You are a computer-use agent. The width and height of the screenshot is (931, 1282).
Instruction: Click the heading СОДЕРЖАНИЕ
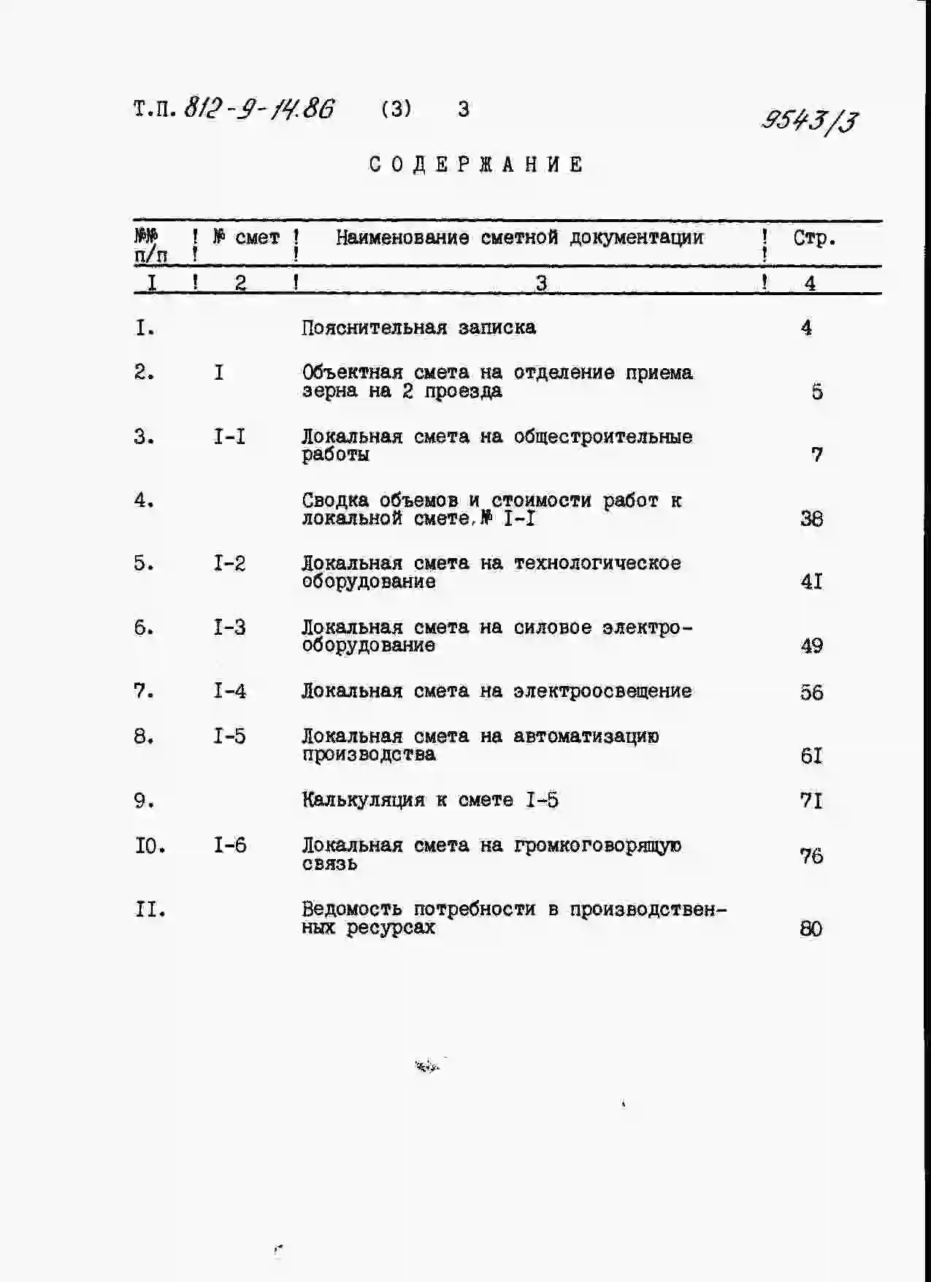point(476,164)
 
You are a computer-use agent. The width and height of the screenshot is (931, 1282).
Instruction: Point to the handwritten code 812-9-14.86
point(259,109)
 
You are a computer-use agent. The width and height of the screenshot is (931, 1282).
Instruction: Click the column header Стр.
point(814,238)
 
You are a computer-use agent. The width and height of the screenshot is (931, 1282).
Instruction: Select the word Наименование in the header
point(402,237)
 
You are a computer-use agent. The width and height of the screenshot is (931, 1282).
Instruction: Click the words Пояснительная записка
point(418,327)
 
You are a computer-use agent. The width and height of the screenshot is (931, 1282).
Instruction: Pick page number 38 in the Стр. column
point(811,519)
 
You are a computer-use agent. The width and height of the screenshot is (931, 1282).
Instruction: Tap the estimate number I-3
point(229,627)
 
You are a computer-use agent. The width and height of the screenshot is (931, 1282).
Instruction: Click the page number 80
point(811,929)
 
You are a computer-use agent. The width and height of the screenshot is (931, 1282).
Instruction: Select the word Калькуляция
point(363,800)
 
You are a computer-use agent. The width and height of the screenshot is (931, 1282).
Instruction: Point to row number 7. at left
point(144,691)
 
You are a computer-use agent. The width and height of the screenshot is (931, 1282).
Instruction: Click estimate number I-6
point(229,846)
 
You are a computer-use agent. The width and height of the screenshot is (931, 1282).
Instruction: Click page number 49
point(811,646)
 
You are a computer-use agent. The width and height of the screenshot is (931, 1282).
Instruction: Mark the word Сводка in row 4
point(334,500)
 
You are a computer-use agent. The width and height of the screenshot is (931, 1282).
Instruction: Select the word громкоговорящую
point(597,846)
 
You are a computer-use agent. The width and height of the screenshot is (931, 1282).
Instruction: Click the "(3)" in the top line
point(396,109)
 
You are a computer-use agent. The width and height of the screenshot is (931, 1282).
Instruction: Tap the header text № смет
point(246,237)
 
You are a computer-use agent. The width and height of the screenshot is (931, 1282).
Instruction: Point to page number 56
point(811,692)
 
